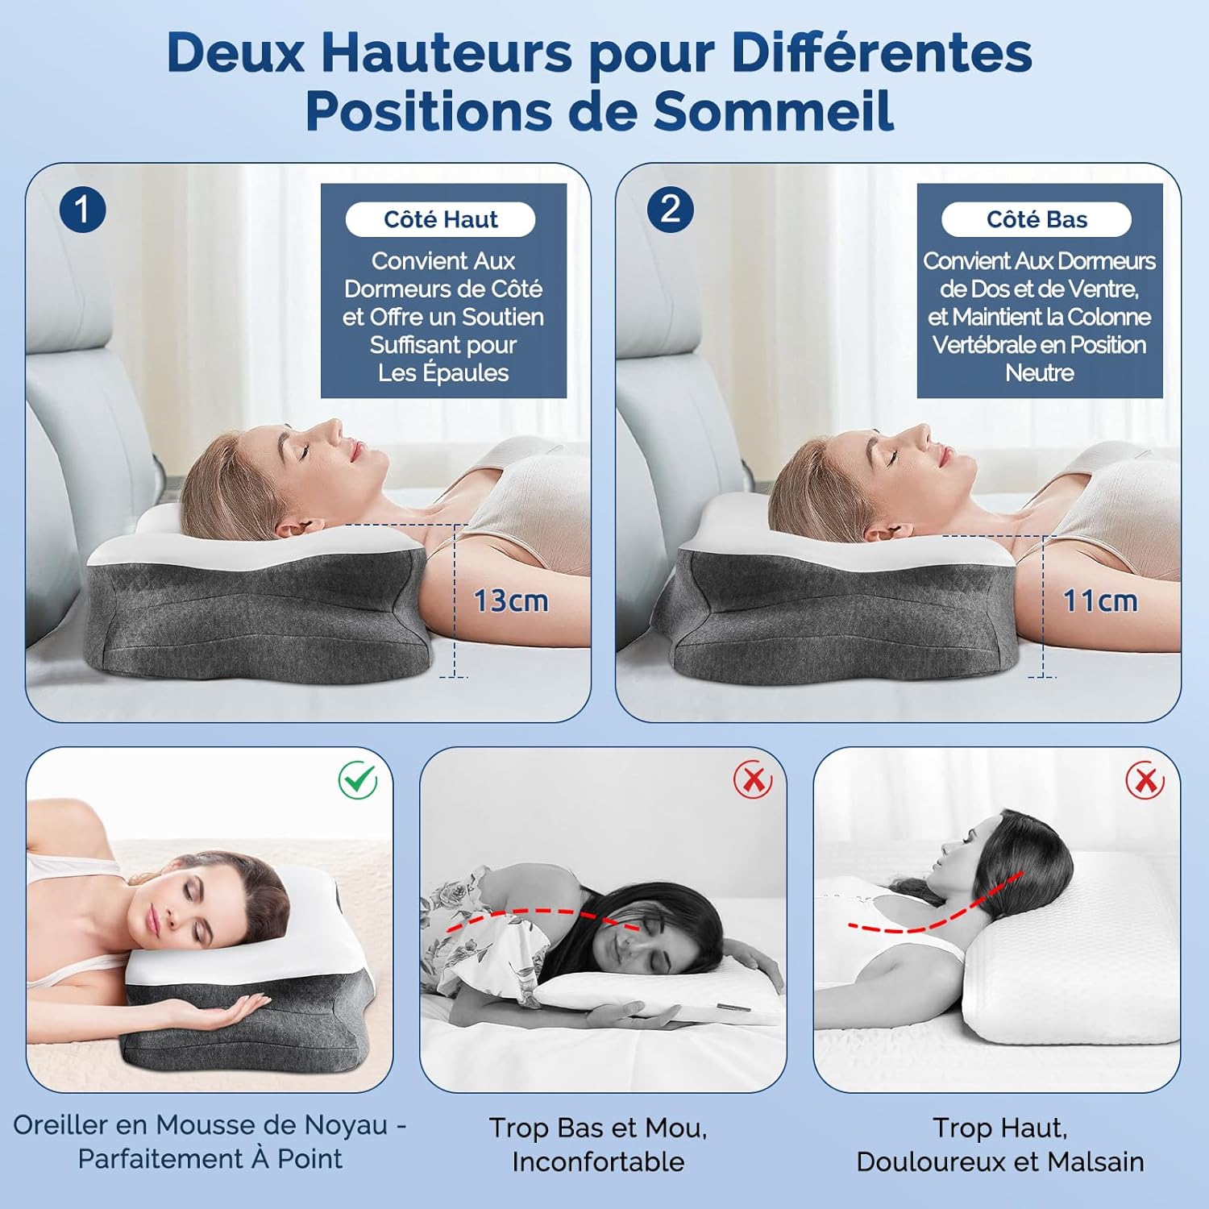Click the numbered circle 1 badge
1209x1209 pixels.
coord(82,210)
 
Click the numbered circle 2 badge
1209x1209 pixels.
coord(671,210)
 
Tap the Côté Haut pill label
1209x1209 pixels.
coord(440,219)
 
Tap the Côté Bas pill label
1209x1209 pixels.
coord(1037,219)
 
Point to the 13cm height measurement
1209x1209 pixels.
coord(511,601)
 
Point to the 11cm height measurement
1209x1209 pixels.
coord(1100,601)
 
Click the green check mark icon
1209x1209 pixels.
coord(358,779)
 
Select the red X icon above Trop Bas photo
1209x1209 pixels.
coord(753,780)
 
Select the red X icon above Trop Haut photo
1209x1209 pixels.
coord(1145,779)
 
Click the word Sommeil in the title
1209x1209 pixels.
coord(773,110)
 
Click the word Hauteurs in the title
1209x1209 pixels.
coord(447,53)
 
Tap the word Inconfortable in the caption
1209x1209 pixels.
coord(598,1161)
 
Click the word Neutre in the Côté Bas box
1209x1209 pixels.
coord(1040,372)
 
